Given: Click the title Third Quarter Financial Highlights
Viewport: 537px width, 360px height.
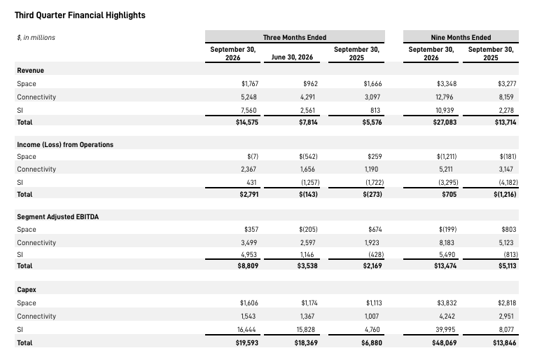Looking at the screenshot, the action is tap(80, 15).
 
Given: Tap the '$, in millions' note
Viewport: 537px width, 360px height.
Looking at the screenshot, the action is tap(36, 37).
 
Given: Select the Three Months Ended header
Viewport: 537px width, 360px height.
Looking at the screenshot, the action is tap(295, 37).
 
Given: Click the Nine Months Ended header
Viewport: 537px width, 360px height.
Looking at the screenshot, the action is tap(461, 37).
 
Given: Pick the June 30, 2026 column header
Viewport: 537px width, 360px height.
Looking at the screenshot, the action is tap(292, 57).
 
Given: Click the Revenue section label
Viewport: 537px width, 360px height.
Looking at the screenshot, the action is tap(31, 71).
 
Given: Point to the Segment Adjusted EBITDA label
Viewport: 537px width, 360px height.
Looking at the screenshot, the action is tap(58, 217).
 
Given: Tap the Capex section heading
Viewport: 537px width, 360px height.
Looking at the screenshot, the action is tap(27, 290).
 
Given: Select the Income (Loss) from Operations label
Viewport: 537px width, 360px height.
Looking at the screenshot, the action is tap(65, 144).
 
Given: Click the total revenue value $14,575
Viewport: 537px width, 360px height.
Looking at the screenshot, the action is tap(247, 123).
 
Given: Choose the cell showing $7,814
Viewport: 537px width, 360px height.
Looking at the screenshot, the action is tap(308, 123).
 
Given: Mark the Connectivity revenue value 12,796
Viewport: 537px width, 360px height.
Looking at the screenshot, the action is tap(444, 97).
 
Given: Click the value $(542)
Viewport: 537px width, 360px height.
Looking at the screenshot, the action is tap(308, 156).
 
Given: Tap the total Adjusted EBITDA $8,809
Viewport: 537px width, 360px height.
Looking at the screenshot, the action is tap(248, 266).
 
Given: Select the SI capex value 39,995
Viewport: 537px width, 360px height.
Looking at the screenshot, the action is tap(445, 329).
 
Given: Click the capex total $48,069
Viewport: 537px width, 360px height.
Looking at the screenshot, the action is tap(444, 343).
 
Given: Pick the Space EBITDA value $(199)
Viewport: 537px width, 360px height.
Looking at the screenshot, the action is tap(447, 230).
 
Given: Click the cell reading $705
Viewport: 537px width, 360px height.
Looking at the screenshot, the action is tap(449, 194).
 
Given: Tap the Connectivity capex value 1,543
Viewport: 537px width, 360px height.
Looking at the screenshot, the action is tap(248, 316).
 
